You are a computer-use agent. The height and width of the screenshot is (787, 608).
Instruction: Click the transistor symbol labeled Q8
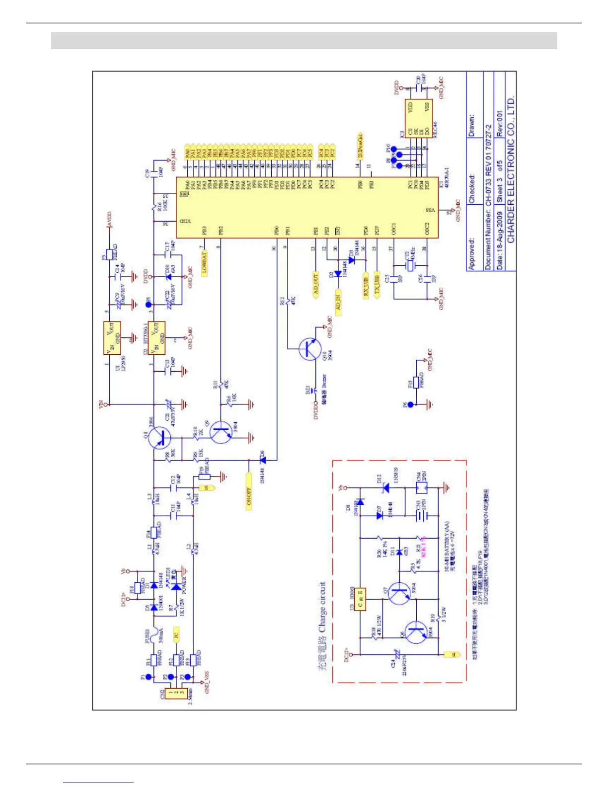coord(160,438)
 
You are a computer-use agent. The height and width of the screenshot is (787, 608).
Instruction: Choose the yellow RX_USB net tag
coord(366,286)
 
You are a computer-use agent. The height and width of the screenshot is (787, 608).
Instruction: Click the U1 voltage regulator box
coord(112,338)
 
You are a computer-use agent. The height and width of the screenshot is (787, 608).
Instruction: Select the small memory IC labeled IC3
coord(418,119)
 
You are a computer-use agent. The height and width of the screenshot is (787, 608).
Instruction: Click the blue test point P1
coord(148,677)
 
